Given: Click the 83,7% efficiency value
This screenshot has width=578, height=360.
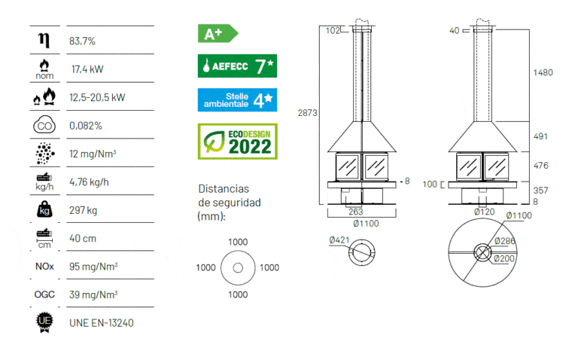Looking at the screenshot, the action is [x=82, y=41].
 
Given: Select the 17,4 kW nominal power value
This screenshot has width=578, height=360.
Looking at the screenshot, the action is [x=87, y=69].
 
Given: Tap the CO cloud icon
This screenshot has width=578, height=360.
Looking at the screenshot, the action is [x=44, y=126].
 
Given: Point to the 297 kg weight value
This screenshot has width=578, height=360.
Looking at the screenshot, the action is [x=84, y=210].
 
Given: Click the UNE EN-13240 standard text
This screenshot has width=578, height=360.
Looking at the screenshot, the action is [x=102, y=323].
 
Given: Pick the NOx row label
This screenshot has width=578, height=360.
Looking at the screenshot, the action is [x=44, y=267].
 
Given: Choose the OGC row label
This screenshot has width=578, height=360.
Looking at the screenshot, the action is [x=44, y=294].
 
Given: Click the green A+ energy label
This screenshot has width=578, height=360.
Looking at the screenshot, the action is [x=218, y=34].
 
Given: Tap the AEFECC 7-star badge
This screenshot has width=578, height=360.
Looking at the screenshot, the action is [x=237, y=66].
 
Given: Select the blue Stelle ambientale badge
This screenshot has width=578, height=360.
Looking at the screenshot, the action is [x=237, y=100].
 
